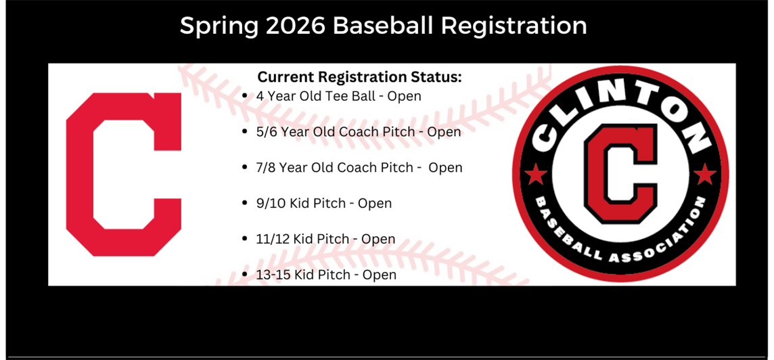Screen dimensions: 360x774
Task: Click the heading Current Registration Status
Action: coord(359,77)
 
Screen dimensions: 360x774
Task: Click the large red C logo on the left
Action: coord(124,175)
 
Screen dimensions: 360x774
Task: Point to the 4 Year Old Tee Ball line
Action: coord(338,96)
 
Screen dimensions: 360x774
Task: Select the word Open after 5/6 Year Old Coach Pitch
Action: coord(444,132)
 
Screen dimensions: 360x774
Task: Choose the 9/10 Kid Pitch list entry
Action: coord(323,203)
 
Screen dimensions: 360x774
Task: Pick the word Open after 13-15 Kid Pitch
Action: coord(380,275)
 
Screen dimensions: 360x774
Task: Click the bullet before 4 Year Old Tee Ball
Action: coord(245,96)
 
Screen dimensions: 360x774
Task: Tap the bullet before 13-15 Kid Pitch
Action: coord(245,275)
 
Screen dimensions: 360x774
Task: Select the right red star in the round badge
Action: coord(705,175)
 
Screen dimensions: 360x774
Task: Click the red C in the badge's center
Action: coord(620,173)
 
